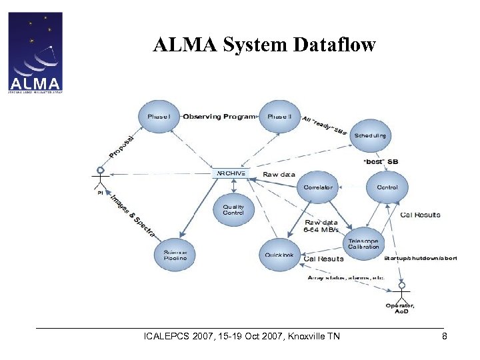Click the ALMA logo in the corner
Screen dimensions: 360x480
tap(35, 52)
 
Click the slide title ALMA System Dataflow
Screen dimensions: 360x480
tap(264, 45)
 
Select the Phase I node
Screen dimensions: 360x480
tap(159, 117)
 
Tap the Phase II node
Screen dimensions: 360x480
tap(279, 117)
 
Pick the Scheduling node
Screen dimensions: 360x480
tap(369, 136)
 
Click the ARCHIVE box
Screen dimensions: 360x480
tap(231, 173)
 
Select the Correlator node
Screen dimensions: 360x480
tap(318, 187)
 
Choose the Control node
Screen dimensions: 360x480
tap(387, 187)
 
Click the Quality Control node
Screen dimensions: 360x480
tap(233, 210)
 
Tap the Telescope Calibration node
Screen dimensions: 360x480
tap(363, 243)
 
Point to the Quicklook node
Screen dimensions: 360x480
tap(279, 254)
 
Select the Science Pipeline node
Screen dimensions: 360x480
tap(175, 254)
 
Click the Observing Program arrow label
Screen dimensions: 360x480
tap(219, 117)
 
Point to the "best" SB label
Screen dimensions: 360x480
tap(381, 161)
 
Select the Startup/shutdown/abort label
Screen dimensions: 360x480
tap(420, 258)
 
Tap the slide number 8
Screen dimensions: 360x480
tap(445, 336)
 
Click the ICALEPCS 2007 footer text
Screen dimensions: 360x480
tap(241, 336)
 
